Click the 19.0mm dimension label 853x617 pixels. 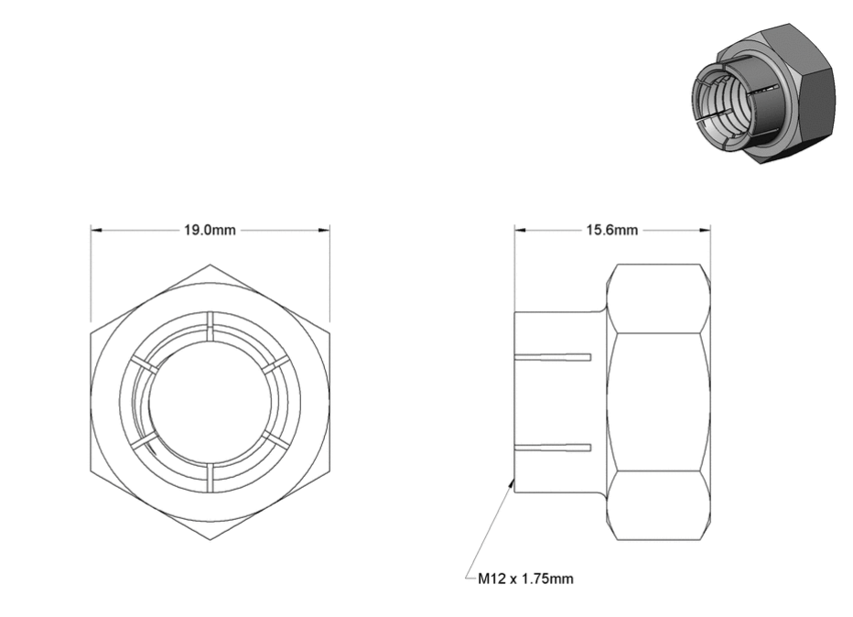pos(210,230)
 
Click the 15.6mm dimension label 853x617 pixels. pos(612,230)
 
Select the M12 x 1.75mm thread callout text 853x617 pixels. pos(525,579)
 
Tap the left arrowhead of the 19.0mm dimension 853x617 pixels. pos(96,230)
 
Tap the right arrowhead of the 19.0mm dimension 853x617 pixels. pos(324,230)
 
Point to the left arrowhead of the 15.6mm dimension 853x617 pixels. pos(521,230)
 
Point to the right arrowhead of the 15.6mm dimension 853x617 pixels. pos(705,230)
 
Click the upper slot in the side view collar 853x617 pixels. pos(553,357)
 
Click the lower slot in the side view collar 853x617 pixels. pos(553,448)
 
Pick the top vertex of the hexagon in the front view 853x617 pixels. pos(210,265)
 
